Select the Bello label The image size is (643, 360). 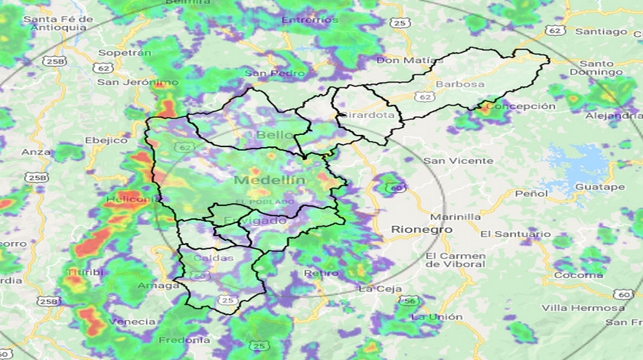[x=274, y=136]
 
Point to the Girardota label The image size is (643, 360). [x=371, y=115]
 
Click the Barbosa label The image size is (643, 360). [x=459, y=83]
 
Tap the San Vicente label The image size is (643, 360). [x=459, y=160]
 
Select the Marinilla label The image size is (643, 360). [x=456, y=217]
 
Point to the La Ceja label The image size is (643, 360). [x=380, y=289]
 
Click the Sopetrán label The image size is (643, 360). [x=125, y=54]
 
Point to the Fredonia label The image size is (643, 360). [x=184, y=339]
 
